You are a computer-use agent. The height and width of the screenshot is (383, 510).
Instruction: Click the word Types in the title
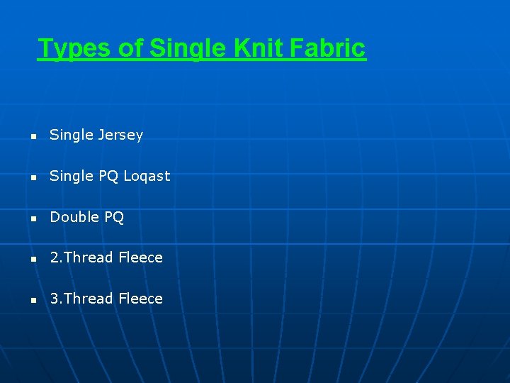73,48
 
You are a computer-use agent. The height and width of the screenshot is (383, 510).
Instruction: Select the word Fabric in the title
330,48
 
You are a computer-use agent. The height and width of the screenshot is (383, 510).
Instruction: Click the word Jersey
120,135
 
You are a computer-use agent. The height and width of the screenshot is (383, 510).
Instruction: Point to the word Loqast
147,176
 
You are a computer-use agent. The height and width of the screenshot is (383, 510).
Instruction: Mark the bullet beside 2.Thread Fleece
32,259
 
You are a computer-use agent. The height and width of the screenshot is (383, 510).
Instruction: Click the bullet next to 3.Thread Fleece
32,300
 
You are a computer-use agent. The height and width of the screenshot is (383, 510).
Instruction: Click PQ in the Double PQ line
114,217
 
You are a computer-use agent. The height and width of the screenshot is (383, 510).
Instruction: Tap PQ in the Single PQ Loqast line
108,176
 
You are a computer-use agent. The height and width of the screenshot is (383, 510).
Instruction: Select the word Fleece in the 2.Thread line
140,257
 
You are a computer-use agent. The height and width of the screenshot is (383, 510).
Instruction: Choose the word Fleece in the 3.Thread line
140,299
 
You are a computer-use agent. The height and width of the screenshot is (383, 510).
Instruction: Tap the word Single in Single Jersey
72,135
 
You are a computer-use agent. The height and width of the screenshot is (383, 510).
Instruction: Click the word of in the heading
129,48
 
